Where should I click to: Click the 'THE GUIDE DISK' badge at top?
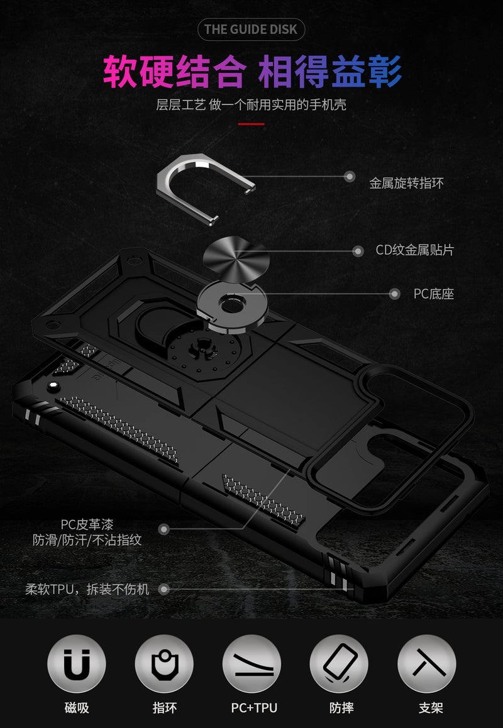coord(251,30)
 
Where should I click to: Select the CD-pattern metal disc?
coord(236,258)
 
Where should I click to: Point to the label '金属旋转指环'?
coord(406,183)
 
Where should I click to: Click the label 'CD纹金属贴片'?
coord(415,250)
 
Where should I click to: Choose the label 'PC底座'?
coord(434,294)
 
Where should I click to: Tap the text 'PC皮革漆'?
coord(87,525)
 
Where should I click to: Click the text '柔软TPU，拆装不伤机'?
coord(87,589)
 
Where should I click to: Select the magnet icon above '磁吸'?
coord(77,663)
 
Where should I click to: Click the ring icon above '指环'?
coord(164,663)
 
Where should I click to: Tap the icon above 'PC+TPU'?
coord(251,663)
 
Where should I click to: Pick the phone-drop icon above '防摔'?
coord(339,663)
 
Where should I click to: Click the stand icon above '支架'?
coord(427,663)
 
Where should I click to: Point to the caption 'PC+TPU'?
coord(254,708)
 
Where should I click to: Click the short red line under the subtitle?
coord(251,124)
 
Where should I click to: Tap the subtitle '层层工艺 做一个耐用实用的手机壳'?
coord(251,104)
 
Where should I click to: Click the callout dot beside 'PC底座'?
coord(394,294)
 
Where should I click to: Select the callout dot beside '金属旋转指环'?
coord(350,177)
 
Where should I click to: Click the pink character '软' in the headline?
coord(120,72)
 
